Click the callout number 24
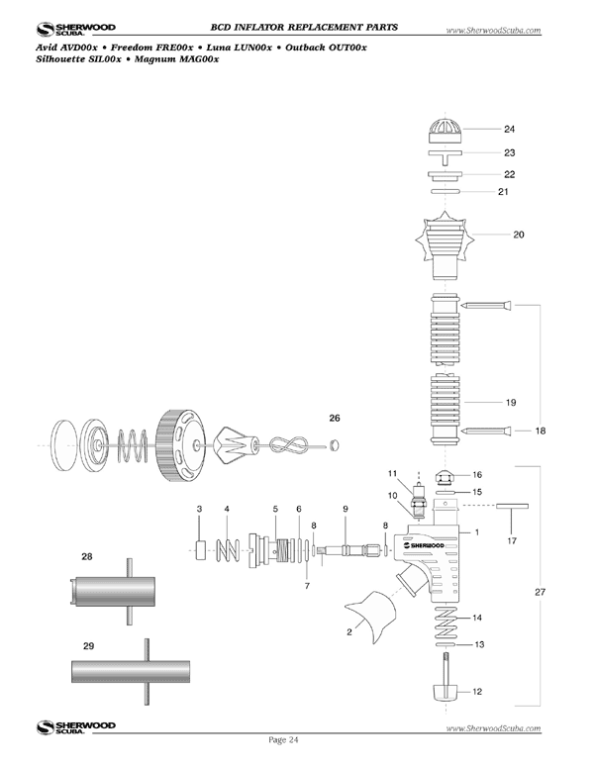tap(509, 130)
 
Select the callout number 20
tap(518, 236)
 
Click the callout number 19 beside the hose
tap(510, 403)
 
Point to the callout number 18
tap(540, 432)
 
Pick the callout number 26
tap(335, 418)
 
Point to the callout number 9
tap(345, 509)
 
